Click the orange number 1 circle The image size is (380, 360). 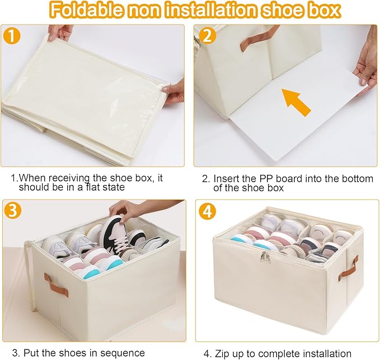(x=12, y=36)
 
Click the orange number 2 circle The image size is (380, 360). (x=207, y=36)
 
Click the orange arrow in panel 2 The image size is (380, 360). (x=296, y=101)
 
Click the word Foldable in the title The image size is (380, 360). (x=87, y=10)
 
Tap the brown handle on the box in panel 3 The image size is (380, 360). (x=56, y=285)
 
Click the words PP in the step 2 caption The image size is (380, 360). (x=266, y=179)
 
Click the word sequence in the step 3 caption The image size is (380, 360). (x=123, y=353)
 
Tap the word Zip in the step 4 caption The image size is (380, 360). (x=222, y=354)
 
